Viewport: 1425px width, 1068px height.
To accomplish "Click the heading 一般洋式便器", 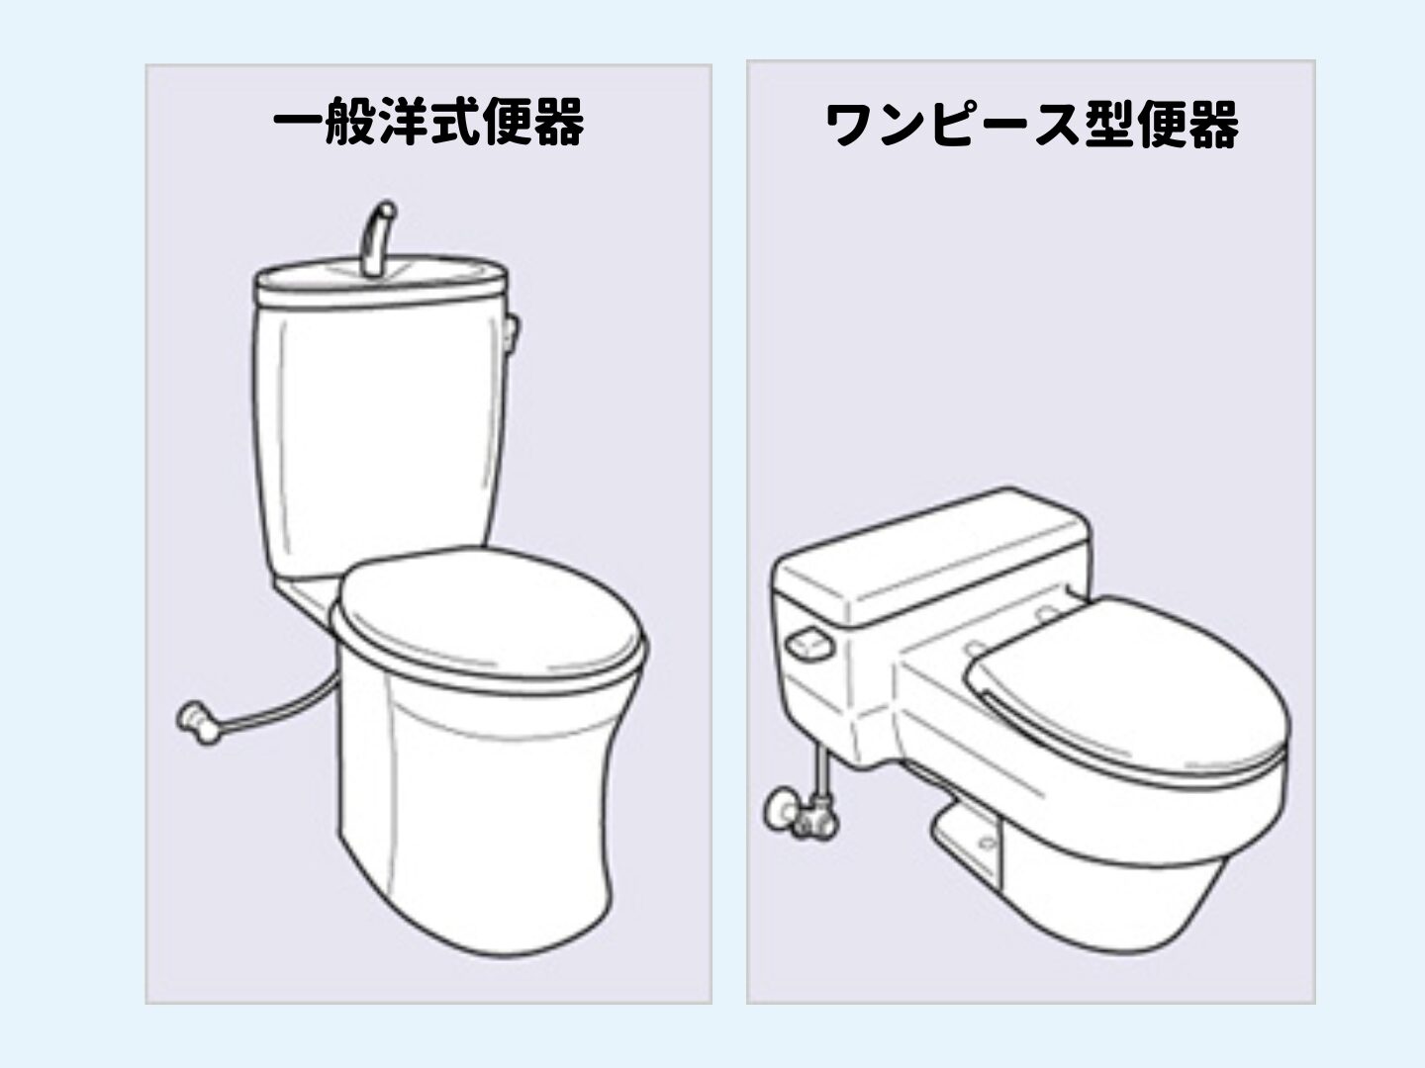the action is coord(428,122).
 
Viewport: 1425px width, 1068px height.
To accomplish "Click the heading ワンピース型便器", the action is coord(1031,125).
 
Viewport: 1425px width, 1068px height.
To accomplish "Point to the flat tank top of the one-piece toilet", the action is coord(931,558).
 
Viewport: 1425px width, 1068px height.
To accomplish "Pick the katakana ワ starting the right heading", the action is coord(850,125).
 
